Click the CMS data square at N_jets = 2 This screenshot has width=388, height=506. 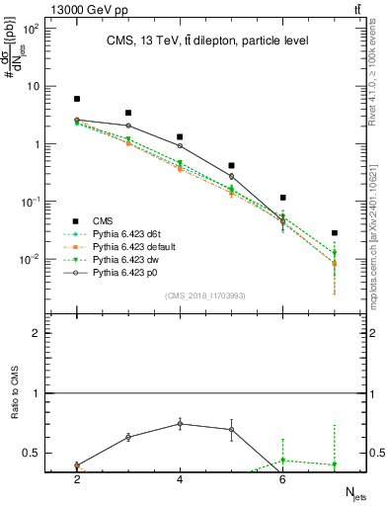(77, 99)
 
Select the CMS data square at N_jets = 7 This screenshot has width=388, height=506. (335, 233)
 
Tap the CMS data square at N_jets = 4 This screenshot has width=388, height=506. (180, 137)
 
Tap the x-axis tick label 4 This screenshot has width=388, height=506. (180, 479)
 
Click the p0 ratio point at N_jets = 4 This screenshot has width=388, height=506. (180, 423)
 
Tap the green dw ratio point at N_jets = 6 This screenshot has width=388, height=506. (283, 460)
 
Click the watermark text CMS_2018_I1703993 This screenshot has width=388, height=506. (205, 295)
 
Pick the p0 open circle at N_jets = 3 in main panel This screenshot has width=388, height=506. (128, 126)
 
